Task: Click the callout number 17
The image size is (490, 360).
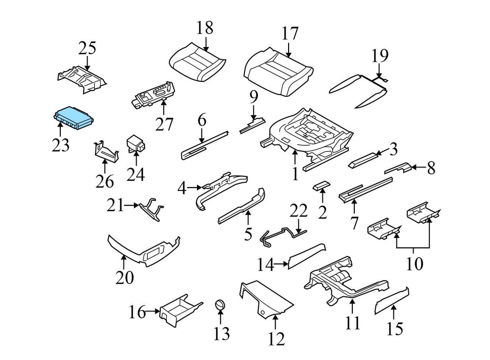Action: click(x=290, y=34)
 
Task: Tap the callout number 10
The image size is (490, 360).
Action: click(x=414, y=264)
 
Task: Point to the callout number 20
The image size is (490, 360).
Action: click(x=124, y=277)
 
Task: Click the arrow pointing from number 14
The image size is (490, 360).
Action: click(x=282, y=265)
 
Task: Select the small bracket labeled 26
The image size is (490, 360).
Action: click(x=106, y=151)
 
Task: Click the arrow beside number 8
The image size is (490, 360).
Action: click(x=414, y=168)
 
